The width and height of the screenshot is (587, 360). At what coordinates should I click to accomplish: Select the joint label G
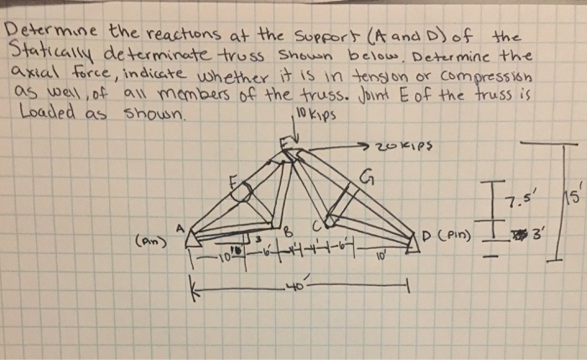click(366, 177)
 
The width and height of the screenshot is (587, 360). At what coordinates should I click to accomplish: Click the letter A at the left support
click(179, 227)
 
